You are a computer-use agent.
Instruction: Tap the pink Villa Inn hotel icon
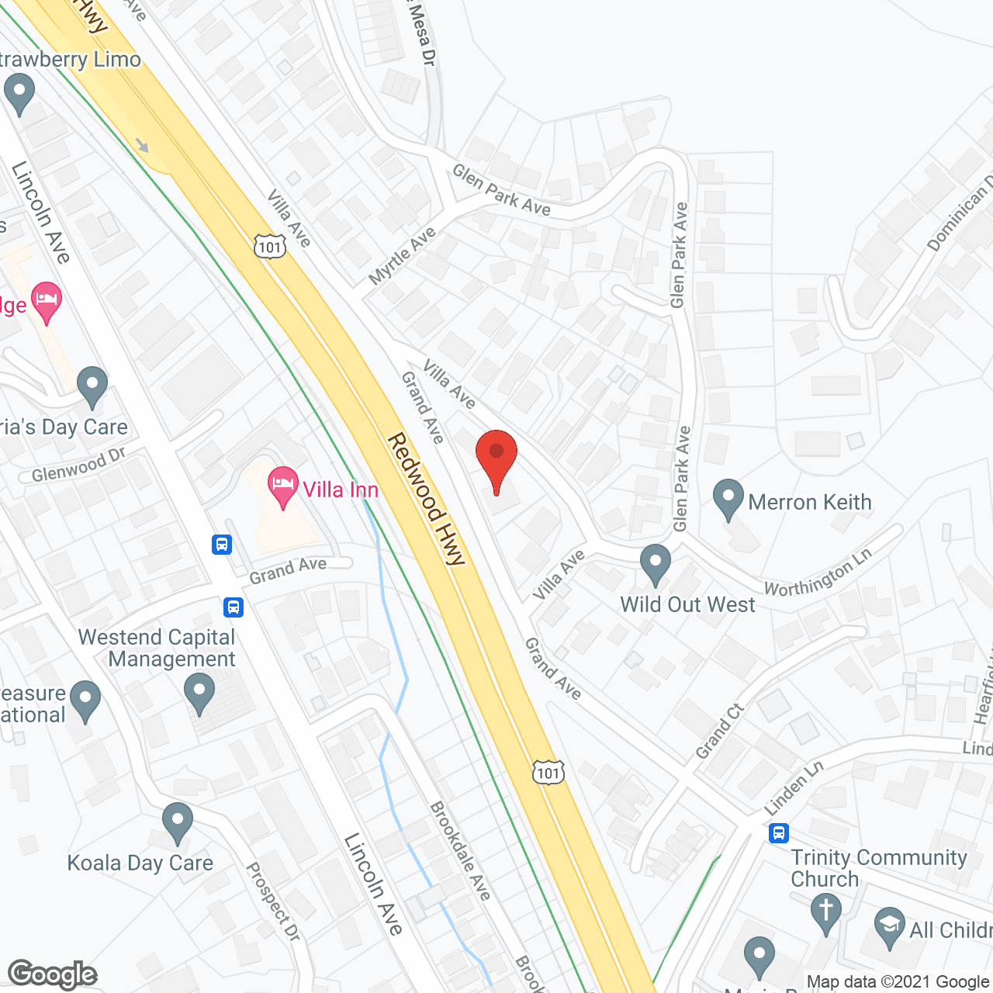[283, 486]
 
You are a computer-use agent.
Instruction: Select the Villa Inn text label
[341, 490]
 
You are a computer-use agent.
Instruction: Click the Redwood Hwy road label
[426, 499]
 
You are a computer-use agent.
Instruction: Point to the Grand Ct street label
[720, 732]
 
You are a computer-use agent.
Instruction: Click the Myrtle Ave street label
[403, 256]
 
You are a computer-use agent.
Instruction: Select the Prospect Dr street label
[272, 902]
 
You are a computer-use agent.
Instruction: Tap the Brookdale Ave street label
[461, 851]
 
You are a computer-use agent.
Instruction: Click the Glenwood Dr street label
[78, 465]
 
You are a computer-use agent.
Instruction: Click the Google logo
[53, 974]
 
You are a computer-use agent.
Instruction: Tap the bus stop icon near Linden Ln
[778, 833]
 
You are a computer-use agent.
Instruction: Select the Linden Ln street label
[794, 788]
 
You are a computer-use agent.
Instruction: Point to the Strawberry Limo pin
[19, 92]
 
